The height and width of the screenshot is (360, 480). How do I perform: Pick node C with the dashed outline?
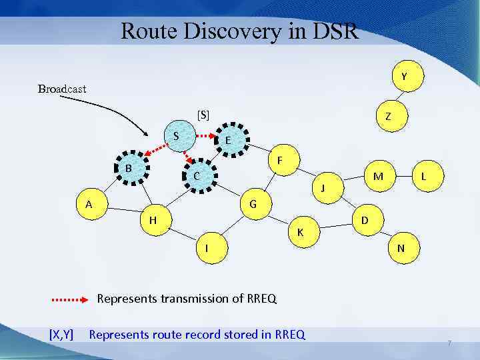(x=197, y=176)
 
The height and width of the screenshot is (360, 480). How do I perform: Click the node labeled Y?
(x=404, y=77)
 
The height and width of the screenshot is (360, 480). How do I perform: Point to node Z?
(x=387, y=116)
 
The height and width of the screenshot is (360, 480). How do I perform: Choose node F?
(x=281, y=161)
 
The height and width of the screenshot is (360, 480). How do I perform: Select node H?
(x=153, y=220)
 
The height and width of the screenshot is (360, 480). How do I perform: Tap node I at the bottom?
(x=208, y=248)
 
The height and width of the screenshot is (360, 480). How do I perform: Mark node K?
(x=301, y=231)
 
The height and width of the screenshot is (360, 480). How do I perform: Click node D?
(x=365, y=220)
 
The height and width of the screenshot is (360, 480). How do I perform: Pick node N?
(x=401, y=248)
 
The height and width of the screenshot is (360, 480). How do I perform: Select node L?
(x=423, y=177)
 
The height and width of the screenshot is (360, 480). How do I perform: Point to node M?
(x=378, y=177)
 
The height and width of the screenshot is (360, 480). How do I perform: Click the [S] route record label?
(x=203, y=115)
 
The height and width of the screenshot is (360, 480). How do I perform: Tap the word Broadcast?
(x=62, y=89)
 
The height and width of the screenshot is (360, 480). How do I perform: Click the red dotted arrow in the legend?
(x=70, y=299)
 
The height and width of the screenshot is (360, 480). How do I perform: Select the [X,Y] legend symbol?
(x=61, y=334)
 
